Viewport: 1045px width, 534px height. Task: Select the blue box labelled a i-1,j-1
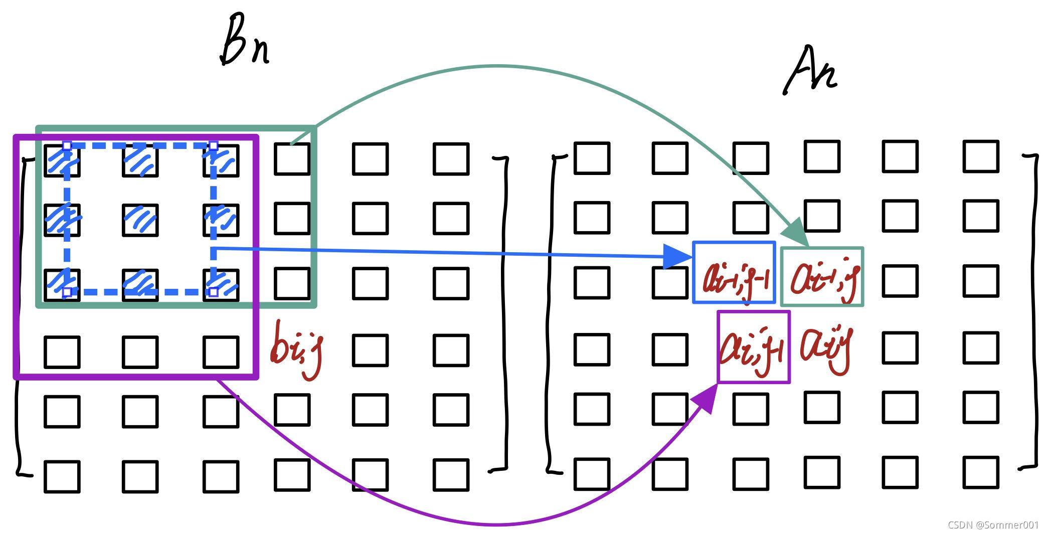734,273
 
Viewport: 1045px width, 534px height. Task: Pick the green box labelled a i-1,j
822,276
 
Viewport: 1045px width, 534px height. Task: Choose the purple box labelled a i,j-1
754,347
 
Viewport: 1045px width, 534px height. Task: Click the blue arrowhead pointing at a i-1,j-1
678,257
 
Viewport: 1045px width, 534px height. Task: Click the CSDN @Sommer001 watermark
993,525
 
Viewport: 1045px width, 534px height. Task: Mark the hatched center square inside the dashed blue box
140,220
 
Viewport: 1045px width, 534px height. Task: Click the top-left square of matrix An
592,158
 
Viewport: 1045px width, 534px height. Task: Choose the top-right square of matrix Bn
451,159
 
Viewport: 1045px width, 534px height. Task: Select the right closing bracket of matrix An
1033,311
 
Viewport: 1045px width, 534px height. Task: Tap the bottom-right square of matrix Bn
451,474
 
